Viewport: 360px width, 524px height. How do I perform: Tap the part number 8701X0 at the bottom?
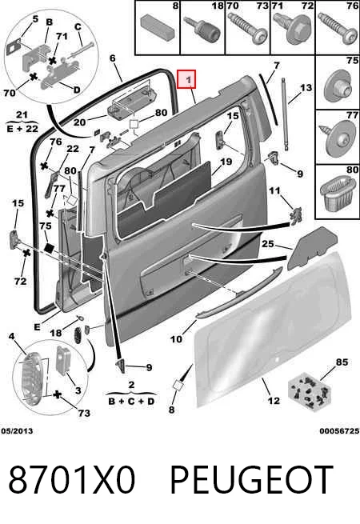tap(72, 479)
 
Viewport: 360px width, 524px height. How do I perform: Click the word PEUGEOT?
tap(252, 479)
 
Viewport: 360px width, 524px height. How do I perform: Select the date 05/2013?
tap(17, 431)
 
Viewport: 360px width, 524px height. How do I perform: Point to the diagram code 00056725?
tap(339, 431)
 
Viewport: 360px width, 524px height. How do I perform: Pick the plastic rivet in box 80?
tap(338, 194)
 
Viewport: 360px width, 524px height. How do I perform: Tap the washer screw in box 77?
tap(338, 138)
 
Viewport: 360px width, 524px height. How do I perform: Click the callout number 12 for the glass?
tap(274, 400)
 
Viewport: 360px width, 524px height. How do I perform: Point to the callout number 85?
tap(342, 362)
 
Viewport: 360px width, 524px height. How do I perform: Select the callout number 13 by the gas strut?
tap(306, 88)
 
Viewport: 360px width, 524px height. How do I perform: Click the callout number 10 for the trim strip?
tap(176, 339)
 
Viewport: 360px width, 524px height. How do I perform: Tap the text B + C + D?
tap(131, 401)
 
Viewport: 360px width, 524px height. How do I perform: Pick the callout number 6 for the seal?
tap(112, 58)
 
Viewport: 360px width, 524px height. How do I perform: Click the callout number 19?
tap(226, 162)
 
